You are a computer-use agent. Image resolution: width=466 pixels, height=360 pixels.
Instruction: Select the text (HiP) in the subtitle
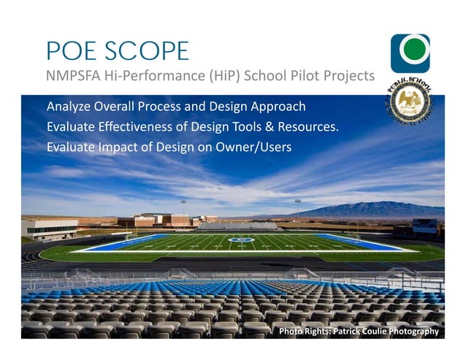pos(215,76)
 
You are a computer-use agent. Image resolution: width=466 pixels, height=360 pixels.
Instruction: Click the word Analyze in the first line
pos(69,107)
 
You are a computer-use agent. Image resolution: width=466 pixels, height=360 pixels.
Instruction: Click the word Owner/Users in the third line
pos(253,147)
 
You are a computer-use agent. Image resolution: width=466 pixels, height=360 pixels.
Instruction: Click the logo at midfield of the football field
pos(241,240)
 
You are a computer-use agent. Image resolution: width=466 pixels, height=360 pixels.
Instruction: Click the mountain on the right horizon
pos(380,210)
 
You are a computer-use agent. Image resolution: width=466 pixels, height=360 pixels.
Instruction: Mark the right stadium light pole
pos(297,207)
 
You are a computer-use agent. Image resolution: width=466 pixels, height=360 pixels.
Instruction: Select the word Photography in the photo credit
pos(413,332)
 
